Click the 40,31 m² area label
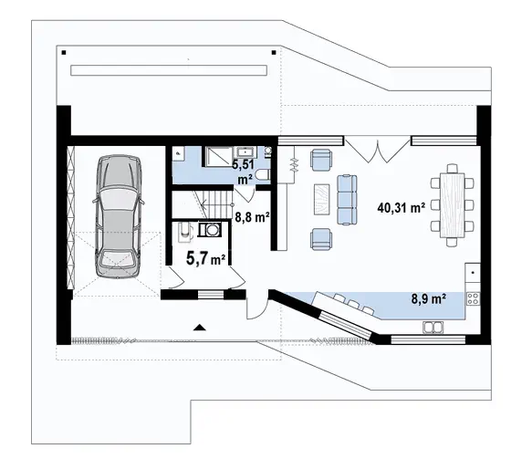click(x=401, y=208)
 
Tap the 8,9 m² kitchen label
click(x=429, y=298)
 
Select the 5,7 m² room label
click(x=205, y=258)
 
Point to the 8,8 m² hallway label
click(x=252, y=217)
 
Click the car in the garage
click(x=119, y=216)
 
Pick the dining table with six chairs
click(x=452, y=205)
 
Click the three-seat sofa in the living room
click(x=347, y=200)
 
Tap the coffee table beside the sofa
click(x=321, y=200)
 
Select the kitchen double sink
click(x=433, y=328)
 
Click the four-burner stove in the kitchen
click(x=473, y=298)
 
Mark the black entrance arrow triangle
click(x=200, y=328)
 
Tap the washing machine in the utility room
click(x=210, y=229)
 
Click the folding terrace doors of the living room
click(x=378, y=151)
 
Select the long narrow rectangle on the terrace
click(x=169, y=70)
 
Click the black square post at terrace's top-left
click(x=64, y=52)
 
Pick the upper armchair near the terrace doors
click(x=321, y=160)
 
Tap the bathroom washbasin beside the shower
click(x=245, y=152)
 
